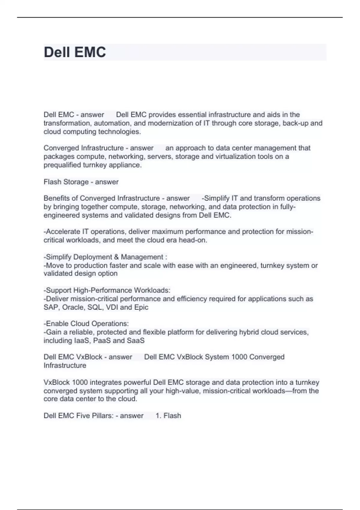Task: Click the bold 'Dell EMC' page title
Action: click(75, 52)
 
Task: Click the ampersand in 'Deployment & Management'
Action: click(116, 257)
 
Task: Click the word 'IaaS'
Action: click(82, 340)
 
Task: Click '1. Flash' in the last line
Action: click(168, 415)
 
